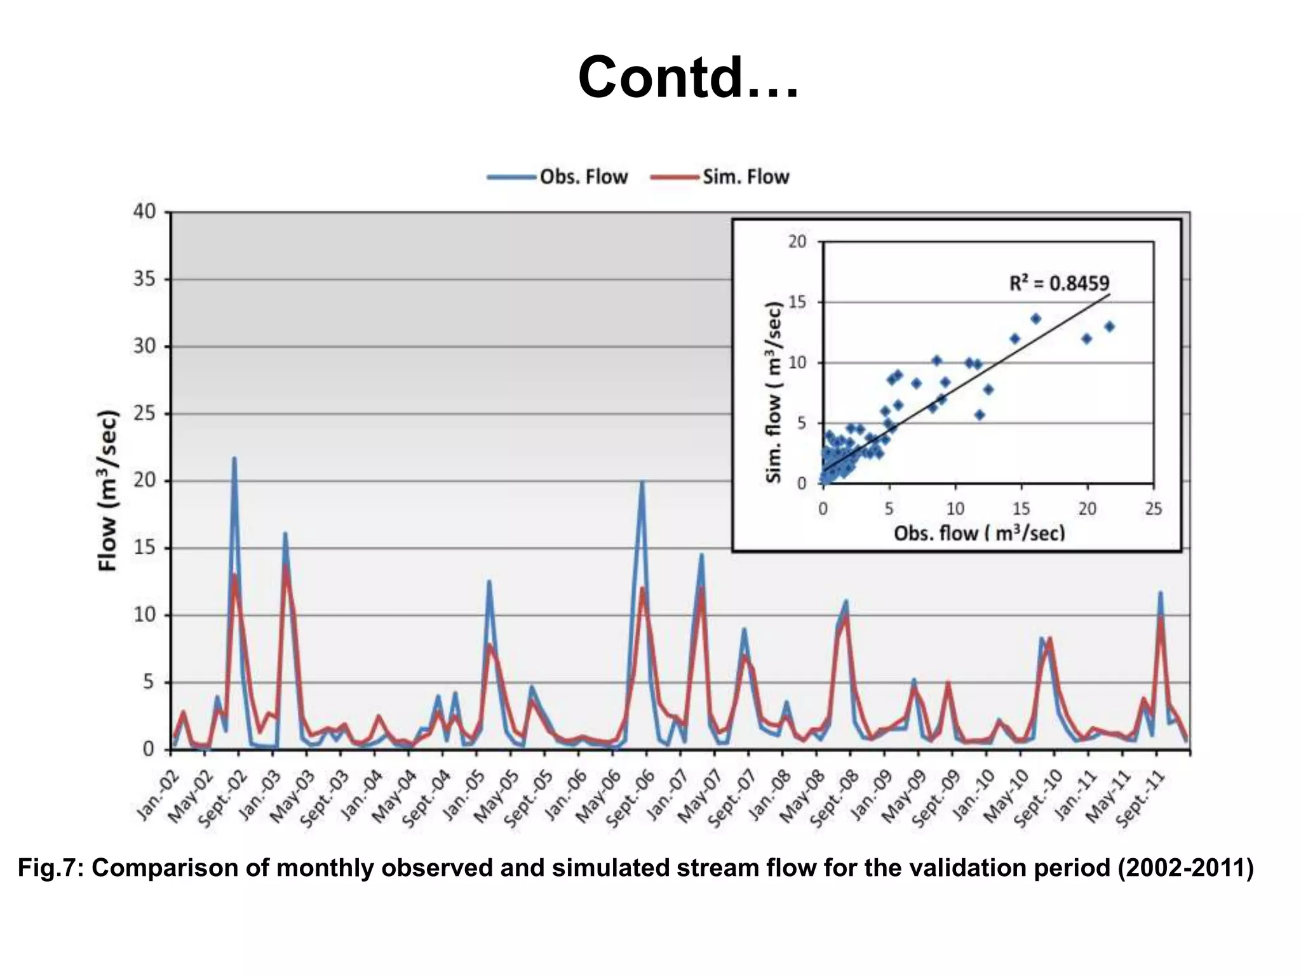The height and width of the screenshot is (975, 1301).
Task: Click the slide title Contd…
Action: (x=688, y=77)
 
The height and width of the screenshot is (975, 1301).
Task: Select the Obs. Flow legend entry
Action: (x=583, y=176)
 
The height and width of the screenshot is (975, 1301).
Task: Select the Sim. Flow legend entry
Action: (x=745, y=176)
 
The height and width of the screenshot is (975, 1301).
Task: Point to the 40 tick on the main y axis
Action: (x=145, y=212)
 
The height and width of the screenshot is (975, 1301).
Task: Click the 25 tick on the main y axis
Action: (x=145, y=414)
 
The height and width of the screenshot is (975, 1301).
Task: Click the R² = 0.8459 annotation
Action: (x=1059, y=283)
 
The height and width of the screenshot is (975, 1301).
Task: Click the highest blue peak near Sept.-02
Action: (x=234, y=458)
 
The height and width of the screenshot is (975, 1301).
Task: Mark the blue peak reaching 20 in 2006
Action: (x=642, y=482)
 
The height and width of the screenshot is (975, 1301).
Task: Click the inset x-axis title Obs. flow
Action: (x=978, y=533)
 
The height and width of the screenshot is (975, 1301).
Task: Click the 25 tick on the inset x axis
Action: (x=1153, y=508)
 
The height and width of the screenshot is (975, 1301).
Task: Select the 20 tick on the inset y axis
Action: (x=797, y=242)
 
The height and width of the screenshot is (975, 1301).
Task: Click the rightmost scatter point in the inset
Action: (x=1109, y=326)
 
